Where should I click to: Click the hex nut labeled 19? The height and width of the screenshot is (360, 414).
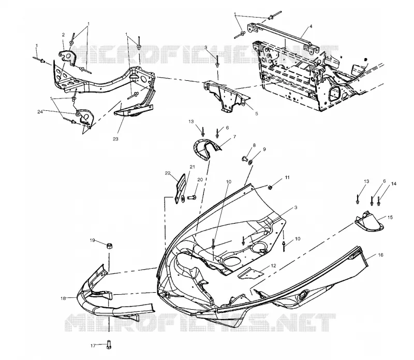click(x=109, y=246)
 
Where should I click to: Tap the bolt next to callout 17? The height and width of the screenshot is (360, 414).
click(x=109, y=344)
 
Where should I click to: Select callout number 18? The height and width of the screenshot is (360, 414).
click(x=63, y=298)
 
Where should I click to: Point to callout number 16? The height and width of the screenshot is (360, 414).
click(x=380, y=255)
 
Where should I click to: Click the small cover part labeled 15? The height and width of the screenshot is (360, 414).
click(x=369, y=221)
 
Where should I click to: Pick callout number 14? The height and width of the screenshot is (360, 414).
click(x=394, y=184)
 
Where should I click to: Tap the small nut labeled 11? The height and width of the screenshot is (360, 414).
click(x=270, y=188)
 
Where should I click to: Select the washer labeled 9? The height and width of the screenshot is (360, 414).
click(x=250, y=161)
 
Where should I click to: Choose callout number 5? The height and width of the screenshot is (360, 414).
click(x=256, y=113)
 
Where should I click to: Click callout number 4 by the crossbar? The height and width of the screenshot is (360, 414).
click(x=311, y=26)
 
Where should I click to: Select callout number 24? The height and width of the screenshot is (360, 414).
click(x=40, y=112)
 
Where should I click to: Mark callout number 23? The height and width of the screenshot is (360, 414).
click(x=115, y=139)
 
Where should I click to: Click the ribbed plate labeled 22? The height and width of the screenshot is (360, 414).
click(x=180, y=189)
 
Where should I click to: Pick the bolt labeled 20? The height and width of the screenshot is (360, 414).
click(x=192, y=197)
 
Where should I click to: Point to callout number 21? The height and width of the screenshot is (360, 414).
click(x=192, y=167)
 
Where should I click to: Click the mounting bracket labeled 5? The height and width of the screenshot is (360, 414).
click(x=227, y=96)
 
